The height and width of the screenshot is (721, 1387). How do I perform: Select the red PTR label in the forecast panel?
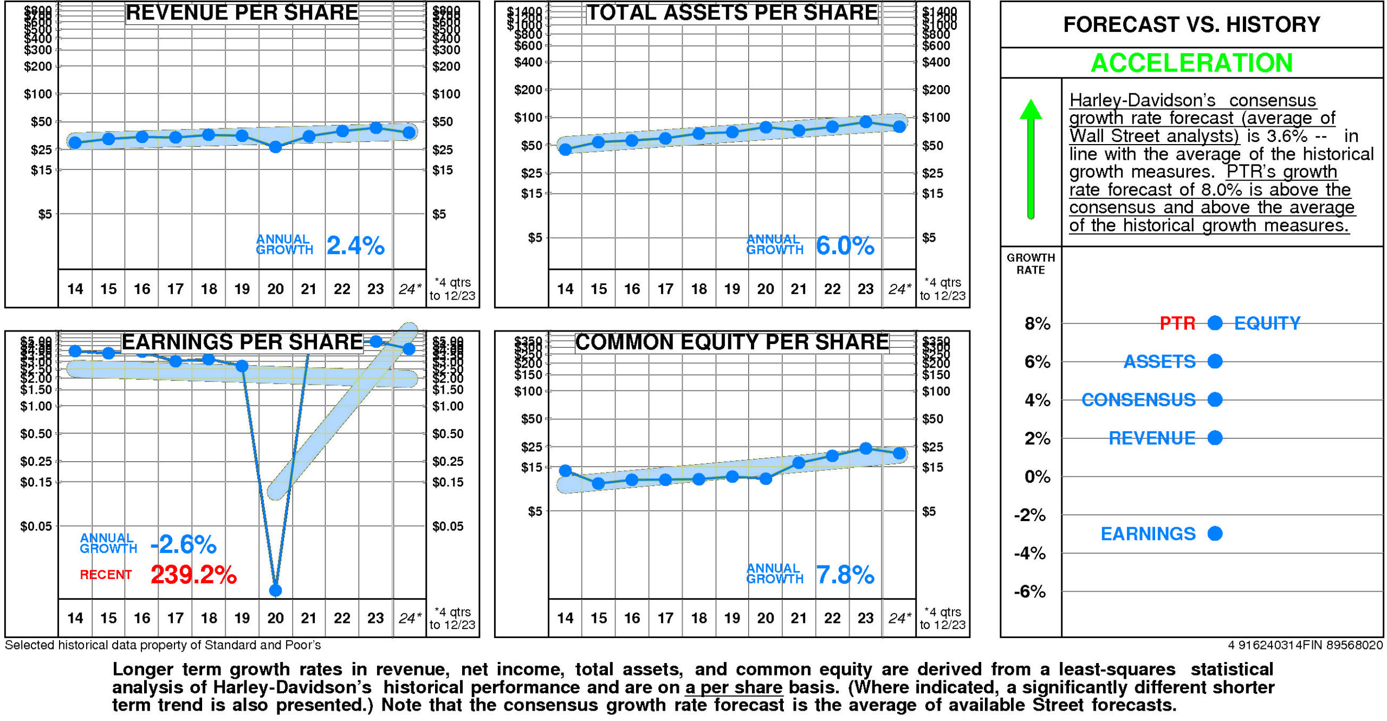point(1177,323)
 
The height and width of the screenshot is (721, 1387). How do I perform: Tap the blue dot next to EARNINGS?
point(1215,534)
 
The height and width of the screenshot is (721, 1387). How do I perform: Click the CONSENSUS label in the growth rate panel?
point(1138,400)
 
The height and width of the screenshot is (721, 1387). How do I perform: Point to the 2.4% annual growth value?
point(355,246)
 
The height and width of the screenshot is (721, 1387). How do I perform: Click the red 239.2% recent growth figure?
point(193,575)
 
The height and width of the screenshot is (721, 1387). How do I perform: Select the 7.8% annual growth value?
point(845,575)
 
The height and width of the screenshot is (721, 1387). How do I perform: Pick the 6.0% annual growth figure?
point(845,246)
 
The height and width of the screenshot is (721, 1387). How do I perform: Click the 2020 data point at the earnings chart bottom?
point(275,590)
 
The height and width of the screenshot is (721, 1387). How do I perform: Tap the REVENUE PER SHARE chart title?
point(242,12)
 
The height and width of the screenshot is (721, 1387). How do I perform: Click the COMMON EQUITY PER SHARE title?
point(731,342)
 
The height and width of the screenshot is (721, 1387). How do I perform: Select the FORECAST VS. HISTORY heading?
point(1191,24)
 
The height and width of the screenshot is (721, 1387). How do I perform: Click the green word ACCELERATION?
point(1191,63)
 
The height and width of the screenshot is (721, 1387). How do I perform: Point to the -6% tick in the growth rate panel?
point(1029,592)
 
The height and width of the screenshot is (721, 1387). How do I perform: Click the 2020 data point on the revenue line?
point(275,147)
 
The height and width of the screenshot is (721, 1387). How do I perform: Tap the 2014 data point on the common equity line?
point(565,470)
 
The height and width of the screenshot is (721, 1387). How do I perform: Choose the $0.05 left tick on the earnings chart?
point(36,526)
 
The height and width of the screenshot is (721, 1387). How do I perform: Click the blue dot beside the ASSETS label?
point(1215,361)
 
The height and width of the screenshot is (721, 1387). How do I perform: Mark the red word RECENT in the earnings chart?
point(106,575)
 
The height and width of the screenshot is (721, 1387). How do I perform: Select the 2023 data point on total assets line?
point(865,122)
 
